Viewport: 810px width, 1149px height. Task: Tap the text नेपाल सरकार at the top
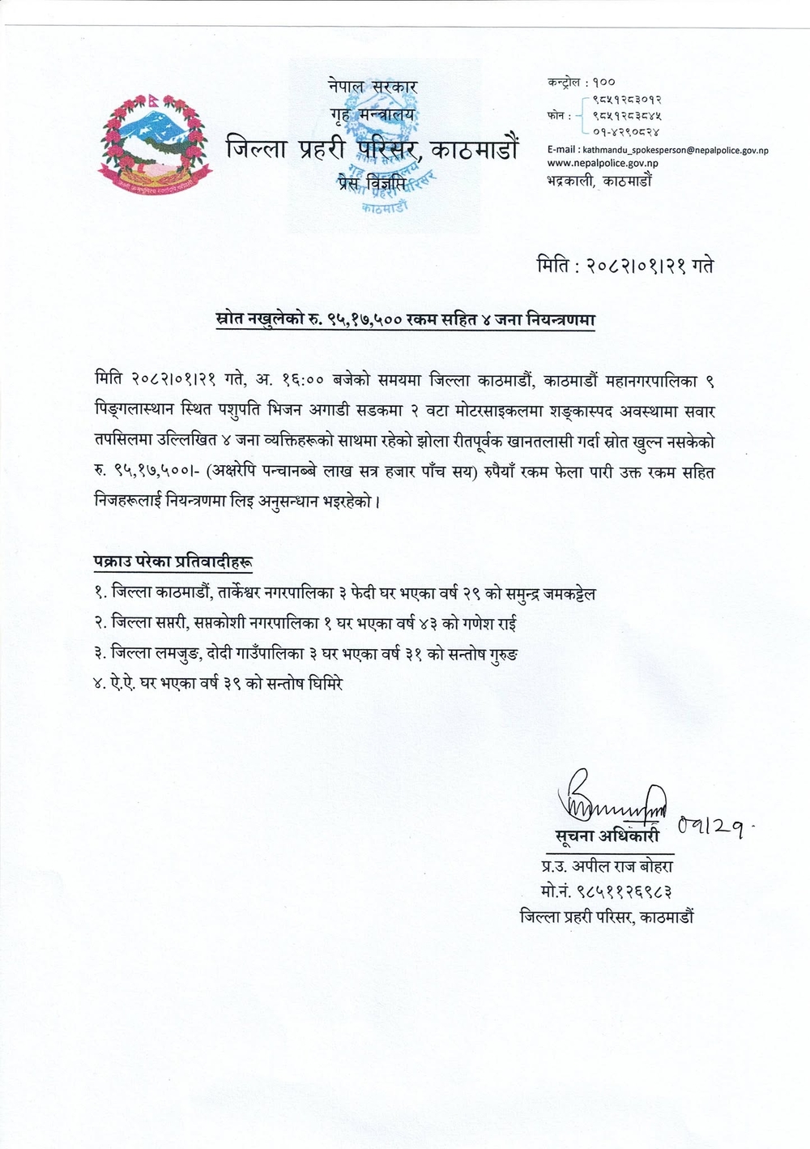[373, 86]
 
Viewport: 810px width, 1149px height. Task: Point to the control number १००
[603, 82]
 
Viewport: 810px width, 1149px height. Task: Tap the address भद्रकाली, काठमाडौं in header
[599, 181]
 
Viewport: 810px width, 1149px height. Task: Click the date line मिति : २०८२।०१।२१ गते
[625, 266]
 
